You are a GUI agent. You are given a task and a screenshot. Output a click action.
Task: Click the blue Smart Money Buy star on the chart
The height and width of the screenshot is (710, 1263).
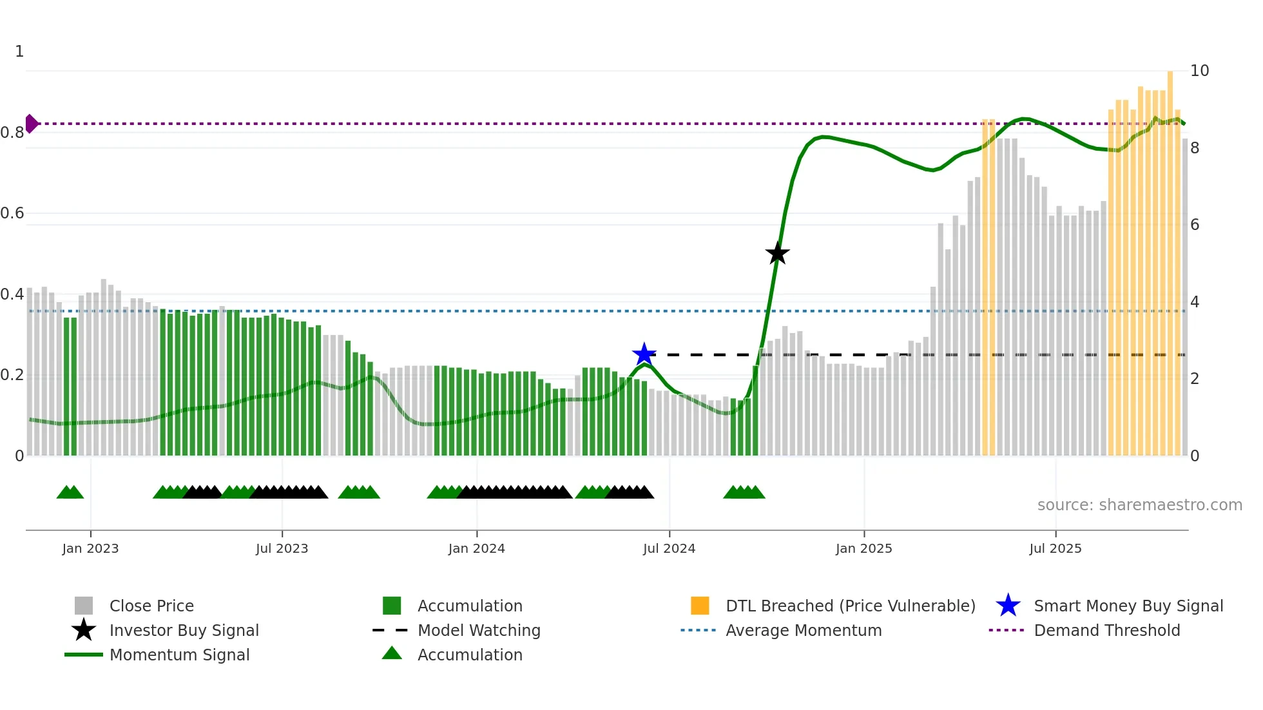[x=644, y=354]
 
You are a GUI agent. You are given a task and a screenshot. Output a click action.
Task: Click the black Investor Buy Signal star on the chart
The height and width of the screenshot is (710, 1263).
[x=777, y=253]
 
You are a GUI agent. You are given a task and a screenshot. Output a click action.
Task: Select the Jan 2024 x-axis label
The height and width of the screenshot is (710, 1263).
[x=476, y=548]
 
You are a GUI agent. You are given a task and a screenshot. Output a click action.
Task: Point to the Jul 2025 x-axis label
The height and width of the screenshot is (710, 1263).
[x=1055, y=548]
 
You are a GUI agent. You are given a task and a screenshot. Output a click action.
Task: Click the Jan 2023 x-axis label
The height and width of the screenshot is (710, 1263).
[x=90, y=548]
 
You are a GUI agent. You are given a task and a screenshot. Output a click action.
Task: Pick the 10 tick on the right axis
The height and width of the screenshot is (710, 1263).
[x=1199, y=71]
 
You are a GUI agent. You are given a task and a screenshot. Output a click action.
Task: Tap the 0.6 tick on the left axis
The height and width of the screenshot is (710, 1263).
[x=12, y=213]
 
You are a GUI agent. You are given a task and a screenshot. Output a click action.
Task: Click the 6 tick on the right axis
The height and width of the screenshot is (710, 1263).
[x=1195, y=225]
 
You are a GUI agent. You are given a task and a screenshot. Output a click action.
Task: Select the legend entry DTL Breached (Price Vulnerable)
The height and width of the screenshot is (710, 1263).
[x=850, y=606]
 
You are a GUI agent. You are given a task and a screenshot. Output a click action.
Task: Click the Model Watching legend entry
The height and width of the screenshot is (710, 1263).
[x=478, y=630]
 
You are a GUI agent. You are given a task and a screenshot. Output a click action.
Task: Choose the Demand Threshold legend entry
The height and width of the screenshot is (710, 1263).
[x=1106, y=630]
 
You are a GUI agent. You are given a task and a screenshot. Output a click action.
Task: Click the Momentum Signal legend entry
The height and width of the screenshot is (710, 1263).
[x=179, y=655]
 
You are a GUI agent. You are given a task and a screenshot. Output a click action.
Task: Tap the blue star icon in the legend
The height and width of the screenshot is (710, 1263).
[x=1008, y=606]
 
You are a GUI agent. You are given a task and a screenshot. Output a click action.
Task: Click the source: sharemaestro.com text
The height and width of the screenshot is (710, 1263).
[x=1139, y=505]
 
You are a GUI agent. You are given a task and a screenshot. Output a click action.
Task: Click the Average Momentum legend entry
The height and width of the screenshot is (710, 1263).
[x=803, y=630]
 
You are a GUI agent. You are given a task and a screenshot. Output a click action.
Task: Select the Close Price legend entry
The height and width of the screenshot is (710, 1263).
[x=151, y=606]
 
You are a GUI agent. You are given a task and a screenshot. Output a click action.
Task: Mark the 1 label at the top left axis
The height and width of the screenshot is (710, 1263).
[x=19, y=52]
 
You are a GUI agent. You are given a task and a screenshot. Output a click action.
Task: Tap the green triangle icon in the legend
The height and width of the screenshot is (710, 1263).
[x=392, y=654]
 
